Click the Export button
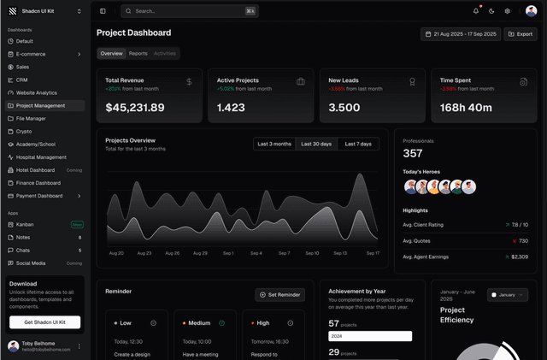(x=521, y=34)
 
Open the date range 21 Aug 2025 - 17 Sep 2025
(x=460, y=34)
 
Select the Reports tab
(x=138, y=53)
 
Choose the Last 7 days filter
(x=358, y=144)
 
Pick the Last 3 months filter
(x=273, y=144)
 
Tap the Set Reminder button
(x=280, y=294)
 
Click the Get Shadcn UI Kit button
(x=44, y=322)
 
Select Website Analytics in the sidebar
(x=37, y=92)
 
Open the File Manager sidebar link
(x=31, y=118)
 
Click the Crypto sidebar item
(x=24, y=131)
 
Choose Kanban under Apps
(x=25, y=224)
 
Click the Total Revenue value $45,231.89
(x=135, y=108)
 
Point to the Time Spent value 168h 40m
(x=466, y=108)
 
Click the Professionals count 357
(x=413, y=154)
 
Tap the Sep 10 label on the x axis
(x=312, y=253)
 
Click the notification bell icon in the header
(x=476, y=11)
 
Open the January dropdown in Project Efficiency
(x=508, y=294)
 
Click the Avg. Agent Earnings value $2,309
(x=518, y=257)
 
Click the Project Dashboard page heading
(x=133, y=32)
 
